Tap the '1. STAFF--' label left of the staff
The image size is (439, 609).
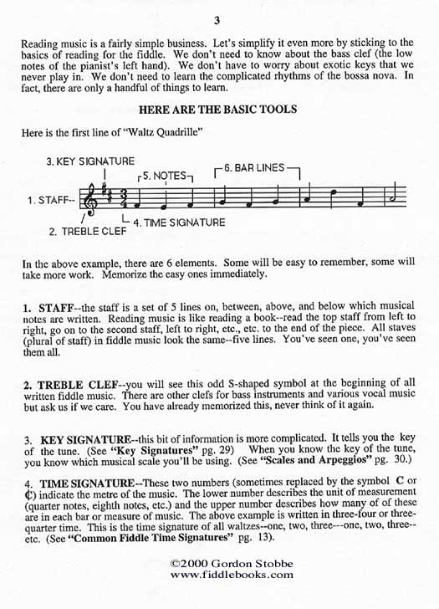pos(49,201)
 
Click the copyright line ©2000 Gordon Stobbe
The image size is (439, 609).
pos(219,564)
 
